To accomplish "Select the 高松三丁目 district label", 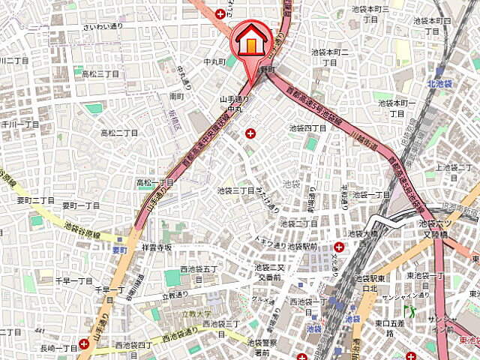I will click(x=100, y=73).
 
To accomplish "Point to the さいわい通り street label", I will click(x=103, y=26).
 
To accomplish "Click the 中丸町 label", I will click(x=214, y=61).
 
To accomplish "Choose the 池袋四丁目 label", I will click(x=307, y=128).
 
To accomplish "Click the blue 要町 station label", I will click(x=121, y=249).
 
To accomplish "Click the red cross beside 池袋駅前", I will click(x=340, y=247).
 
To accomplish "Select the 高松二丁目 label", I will click(x=119, y=133).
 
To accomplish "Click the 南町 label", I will click(x=177, y=96).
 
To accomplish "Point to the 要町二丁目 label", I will click(x=36, y=200).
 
